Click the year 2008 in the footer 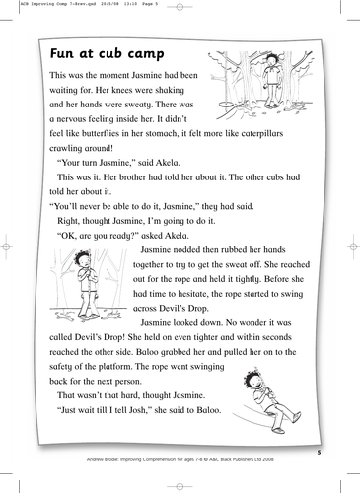point(297,460)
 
